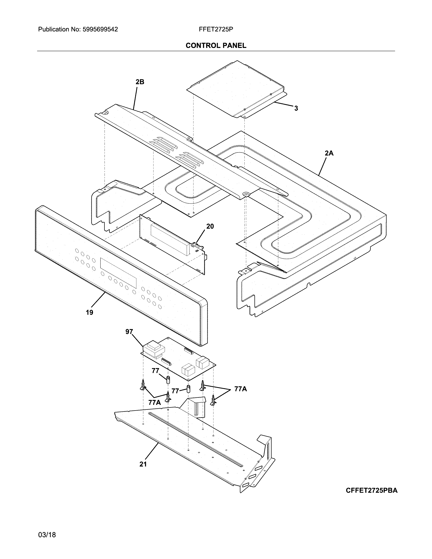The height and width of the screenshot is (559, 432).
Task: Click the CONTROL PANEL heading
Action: (x=216, y=46)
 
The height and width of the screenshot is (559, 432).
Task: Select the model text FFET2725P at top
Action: (x=216, y=29)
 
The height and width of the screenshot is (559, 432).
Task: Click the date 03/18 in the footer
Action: (x=47, y=527)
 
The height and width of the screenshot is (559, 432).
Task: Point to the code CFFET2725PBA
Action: (x=372, y=490)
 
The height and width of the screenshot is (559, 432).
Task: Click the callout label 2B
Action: (x=140, y=82)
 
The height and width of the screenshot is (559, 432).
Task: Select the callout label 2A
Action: (x=329, y=153)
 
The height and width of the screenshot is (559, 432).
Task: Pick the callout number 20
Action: (x=210, y=226)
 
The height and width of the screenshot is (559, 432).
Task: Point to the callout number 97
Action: (x=129, y=332)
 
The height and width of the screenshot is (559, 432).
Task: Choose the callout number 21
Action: (x=143, y=464)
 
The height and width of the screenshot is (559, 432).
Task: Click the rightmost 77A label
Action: (x=241, y=389)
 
